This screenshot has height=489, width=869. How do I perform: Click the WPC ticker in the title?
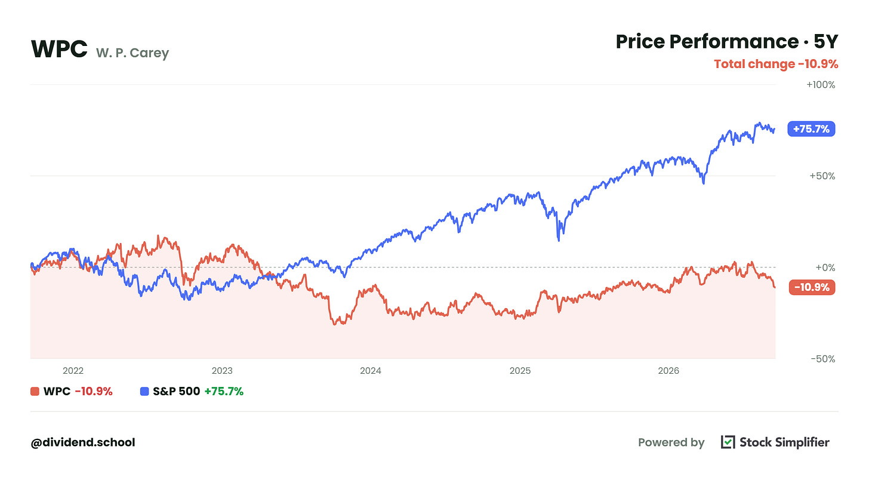59,50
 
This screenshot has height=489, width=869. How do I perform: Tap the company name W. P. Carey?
132,53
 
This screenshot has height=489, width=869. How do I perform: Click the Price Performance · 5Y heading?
726,42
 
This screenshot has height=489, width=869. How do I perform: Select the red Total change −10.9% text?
776,64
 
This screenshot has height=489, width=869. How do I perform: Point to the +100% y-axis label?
821,85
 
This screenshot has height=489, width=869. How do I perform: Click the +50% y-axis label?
822,176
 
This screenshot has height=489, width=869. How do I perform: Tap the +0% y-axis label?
825,267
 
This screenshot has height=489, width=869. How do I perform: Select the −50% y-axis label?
823,359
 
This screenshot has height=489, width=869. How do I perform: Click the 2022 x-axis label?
73,371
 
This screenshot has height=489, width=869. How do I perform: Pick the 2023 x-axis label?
222,371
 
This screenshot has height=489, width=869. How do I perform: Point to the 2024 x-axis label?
371,371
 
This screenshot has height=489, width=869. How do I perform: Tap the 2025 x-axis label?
520,371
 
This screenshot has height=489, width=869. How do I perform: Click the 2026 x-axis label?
668,371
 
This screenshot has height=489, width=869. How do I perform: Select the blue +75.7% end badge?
811,129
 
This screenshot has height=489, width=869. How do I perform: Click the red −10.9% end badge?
812,287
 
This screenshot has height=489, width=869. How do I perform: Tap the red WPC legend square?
35,391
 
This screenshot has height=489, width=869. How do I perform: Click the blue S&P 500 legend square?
144,391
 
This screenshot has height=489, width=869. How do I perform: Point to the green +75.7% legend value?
224,391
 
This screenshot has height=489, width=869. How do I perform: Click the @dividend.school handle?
83,442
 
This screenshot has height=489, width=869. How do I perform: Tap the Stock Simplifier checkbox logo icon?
728,442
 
